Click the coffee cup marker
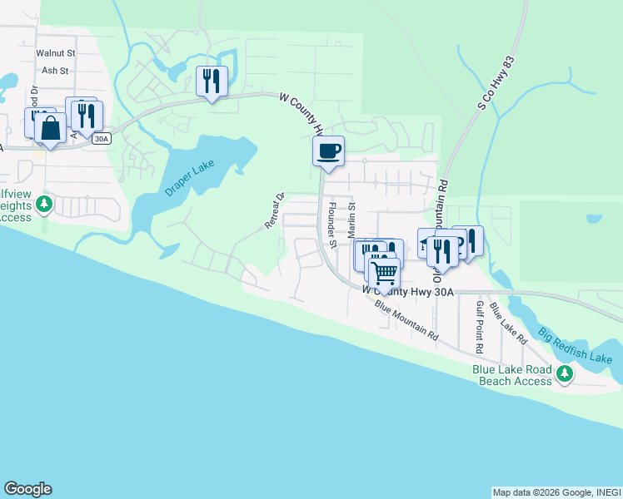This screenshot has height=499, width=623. (x=328, y=151)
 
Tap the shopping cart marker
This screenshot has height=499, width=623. (x=384, y=271)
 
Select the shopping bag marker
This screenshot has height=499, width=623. (x=50, y=129)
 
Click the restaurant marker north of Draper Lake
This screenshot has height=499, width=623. (x=212, y=81)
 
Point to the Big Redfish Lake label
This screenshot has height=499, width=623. (x=575, y=347)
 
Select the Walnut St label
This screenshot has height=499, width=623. (x=56, y=52)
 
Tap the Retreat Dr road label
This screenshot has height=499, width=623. (x=274, y=211)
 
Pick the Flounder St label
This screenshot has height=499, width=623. (x=331, y=225)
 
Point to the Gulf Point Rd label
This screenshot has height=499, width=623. (x=480, y=318)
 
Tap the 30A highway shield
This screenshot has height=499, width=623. (x=102, y=139)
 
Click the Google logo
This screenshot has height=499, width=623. (x=27, y=489)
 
